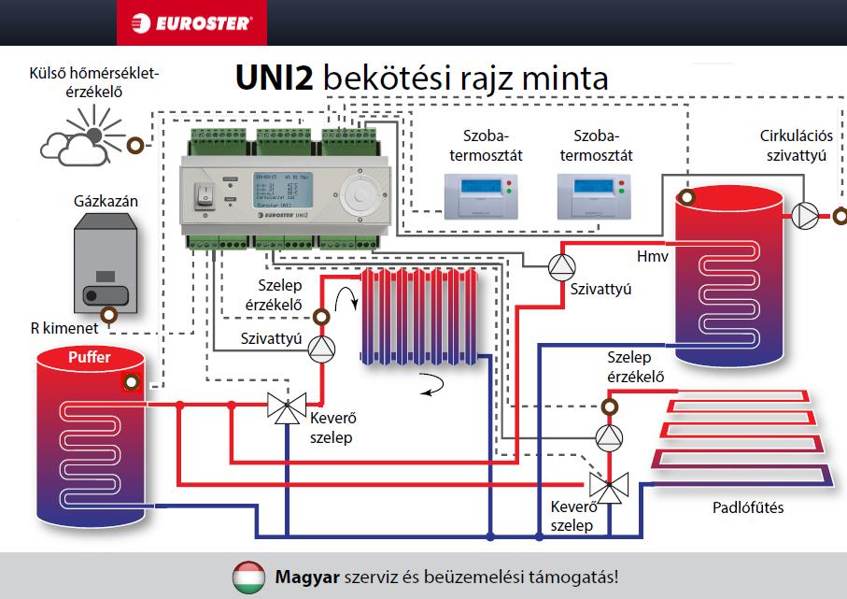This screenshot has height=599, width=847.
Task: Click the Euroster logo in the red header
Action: pyautogui.click(x=191, y=22)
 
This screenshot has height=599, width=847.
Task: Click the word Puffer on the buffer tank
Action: pyautogui.click(x=89, y=357)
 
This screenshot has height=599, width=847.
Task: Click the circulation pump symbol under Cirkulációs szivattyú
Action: pyautogui.click(x=804, y=215)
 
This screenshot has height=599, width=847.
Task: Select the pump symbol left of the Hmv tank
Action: pyautogui.click(x=562, y=267)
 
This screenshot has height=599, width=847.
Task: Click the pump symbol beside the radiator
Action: pyautogui.click(x=320, y=348)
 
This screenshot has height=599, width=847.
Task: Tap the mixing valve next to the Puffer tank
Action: pyautogui.click(x=284, y=406)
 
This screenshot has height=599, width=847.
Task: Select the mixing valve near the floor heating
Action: pyautogui.click(x=612, y=486)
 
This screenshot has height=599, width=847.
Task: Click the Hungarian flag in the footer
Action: pyautogui.click(x=248, y=577)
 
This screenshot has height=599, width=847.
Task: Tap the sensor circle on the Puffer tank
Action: pyautogui.click(x=131, y=383)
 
